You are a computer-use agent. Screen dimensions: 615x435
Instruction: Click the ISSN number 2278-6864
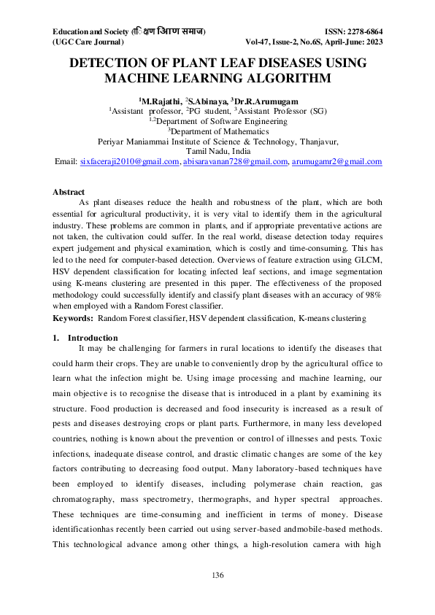pyautogui.click(x=361, y=32)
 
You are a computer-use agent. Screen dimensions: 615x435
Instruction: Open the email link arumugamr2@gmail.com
pyautogui.click(x=337, y=162)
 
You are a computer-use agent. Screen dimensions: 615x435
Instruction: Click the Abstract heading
pyautogui.click(x=68, y=192)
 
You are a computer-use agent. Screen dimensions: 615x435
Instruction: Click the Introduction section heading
pyautogui.click(x=93, y=338)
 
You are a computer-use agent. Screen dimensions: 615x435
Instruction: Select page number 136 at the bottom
pyautogui.click(x=217, y=576)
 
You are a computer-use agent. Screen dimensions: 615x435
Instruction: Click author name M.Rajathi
pyautogui.click(x=159, y=99)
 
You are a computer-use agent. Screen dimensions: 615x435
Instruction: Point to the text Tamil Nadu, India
pyautogui.click(x=217, y=152)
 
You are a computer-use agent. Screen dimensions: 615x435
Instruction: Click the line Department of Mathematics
pyautogui.click(x=218, y=131)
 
